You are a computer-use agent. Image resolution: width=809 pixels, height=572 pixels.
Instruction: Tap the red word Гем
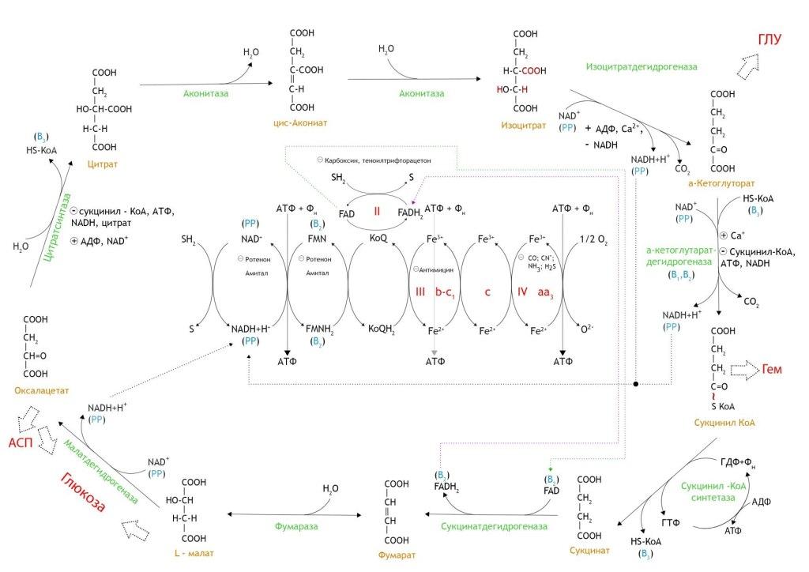pyautogui.click(x=772, y=369)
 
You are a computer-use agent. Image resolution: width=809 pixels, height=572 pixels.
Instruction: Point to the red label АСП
pyautogui.click(x=21, y=443)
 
